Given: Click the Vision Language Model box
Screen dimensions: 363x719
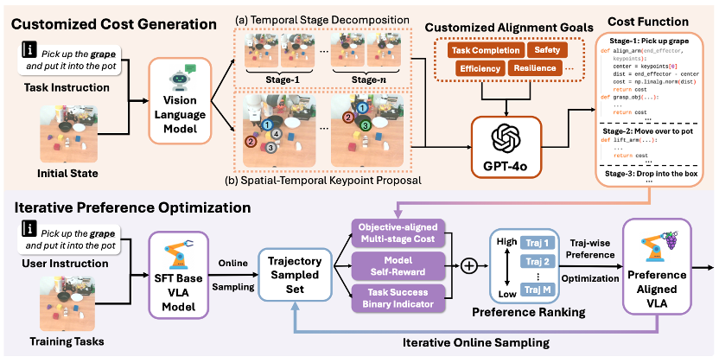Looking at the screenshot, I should (181, 102).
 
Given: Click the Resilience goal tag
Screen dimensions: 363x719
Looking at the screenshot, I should (532, 68).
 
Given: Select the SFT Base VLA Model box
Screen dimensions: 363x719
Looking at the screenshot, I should (181, 262).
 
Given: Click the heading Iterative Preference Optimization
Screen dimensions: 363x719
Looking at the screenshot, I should (130, 207).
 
